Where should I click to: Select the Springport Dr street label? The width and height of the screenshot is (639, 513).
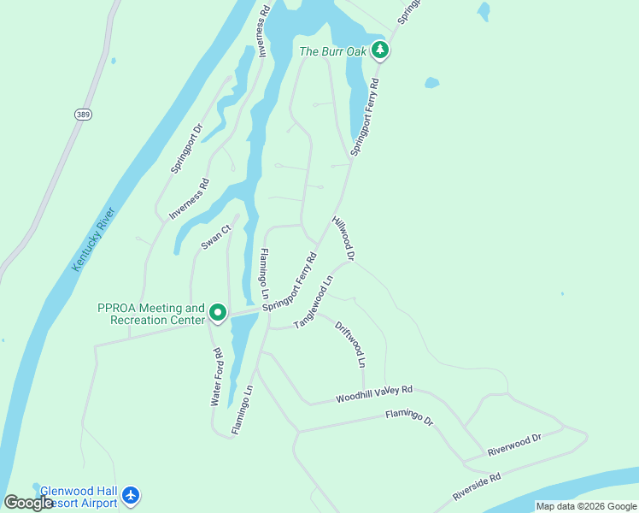tap(186, 150)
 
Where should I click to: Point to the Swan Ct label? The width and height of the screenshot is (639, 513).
tap(216, 238)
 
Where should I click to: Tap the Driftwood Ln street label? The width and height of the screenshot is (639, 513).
tap(350, 345)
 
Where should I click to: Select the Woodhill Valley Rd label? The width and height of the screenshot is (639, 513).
tap(374, 393)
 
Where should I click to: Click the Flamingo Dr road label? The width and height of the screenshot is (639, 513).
tap(409, 417)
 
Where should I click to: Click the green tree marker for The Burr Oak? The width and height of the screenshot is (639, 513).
tap(381, 51)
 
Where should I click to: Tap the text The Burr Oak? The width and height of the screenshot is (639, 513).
tap(333, 51)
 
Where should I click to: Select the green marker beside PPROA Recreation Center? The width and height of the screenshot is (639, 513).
tap(218, 314)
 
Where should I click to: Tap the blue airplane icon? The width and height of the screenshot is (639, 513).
tap(130, 495)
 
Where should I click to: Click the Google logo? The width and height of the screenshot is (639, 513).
tap(28, 503)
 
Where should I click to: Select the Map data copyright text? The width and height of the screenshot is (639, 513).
tap(585, 506)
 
